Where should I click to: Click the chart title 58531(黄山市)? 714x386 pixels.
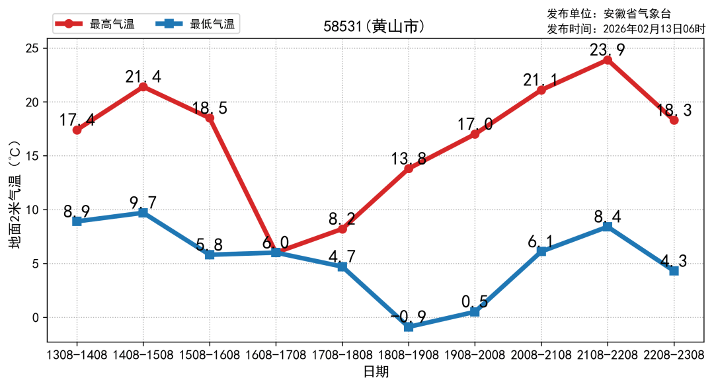[x=374, y=26]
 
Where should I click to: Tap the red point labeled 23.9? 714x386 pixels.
[x=608, y=60]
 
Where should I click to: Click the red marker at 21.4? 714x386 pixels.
[x=143, y=87]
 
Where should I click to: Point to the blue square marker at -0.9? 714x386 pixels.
[x=409, y=327]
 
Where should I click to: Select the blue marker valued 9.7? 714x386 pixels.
[x=143, y=213]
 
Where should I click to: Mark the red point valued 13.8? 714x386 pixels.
[x=409, y=169]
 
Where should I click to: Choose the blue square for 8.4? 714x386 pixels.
[x=608, y=227]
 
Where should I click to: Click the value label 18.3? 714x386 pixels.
[x=674, y=110]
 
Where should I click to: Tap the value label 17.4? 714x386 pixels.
[x=77, y=120]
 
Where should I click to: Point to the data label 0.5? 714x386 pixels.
[x=475, y=302]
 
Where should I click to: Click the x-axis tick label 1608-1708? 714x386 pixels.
[x=276, y=355]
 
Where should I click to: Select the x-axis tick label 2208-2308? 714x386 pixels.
[x=674, y=355]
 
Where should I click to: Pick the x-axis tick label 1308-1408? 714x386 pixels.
[x=77, y=355]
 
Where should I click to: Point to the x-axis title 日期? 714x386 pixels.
[x=376, y=371]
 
